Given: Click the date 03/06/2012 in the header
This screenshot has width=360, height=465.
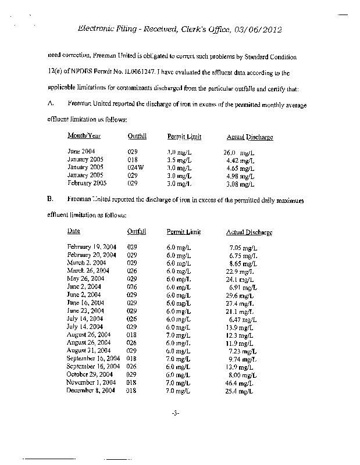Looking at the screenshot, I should click(269, 30).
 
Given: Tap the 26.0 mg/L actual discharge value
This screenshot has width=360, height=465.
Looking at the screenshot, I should click(239, 152).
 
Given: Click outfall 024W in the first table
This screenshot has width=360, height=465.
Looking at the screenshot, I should click(135, 167).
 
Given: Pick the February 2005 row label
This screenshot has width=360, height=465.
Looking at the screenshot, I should click(87, 184).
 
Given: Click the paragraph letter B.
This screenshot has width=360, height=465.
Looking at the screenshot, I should click(51, 199).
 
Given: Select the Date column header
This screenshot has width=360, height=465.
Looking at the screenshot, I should click(74, 231).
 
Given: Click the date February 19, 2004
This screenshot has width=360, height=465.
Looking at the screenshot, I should click(92, 247).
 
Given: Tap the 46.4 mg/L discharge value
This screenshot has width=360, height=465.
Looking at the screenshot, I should click(238, 383).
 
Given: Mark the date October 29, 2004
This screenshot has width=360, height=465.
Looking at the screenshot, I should click(91, 375).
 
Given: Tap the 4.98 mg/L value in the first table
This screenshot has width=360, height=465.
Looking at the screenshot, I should click(241, 176).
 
